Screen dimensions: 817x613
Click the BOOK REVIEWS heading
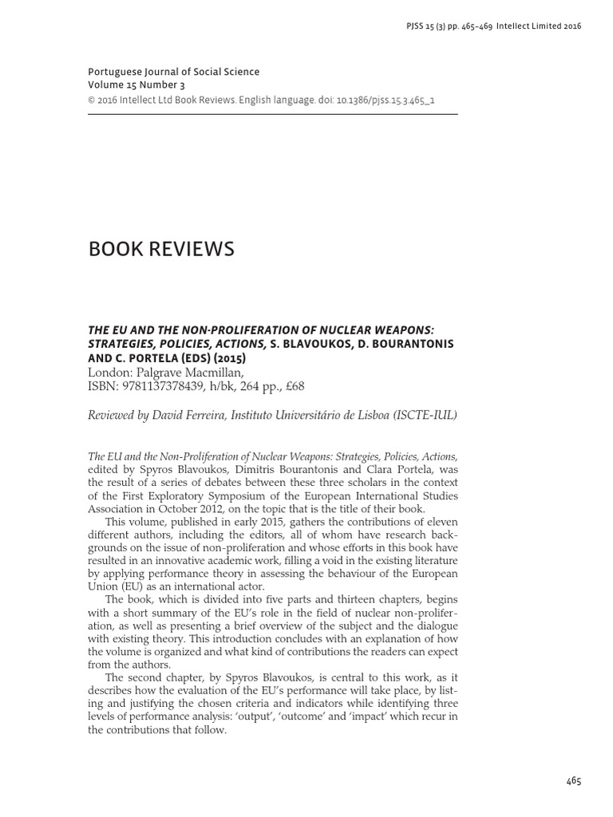coord(161,250)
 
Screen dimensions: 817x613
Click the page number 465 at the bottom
coord(573,781)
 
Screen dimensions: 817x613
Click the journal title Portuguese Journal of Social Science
coord(173,72)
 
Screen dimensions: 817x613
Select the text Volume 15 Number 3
coord(133,85)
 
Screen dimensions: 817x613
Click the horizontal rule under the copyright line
coord(272,114)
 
